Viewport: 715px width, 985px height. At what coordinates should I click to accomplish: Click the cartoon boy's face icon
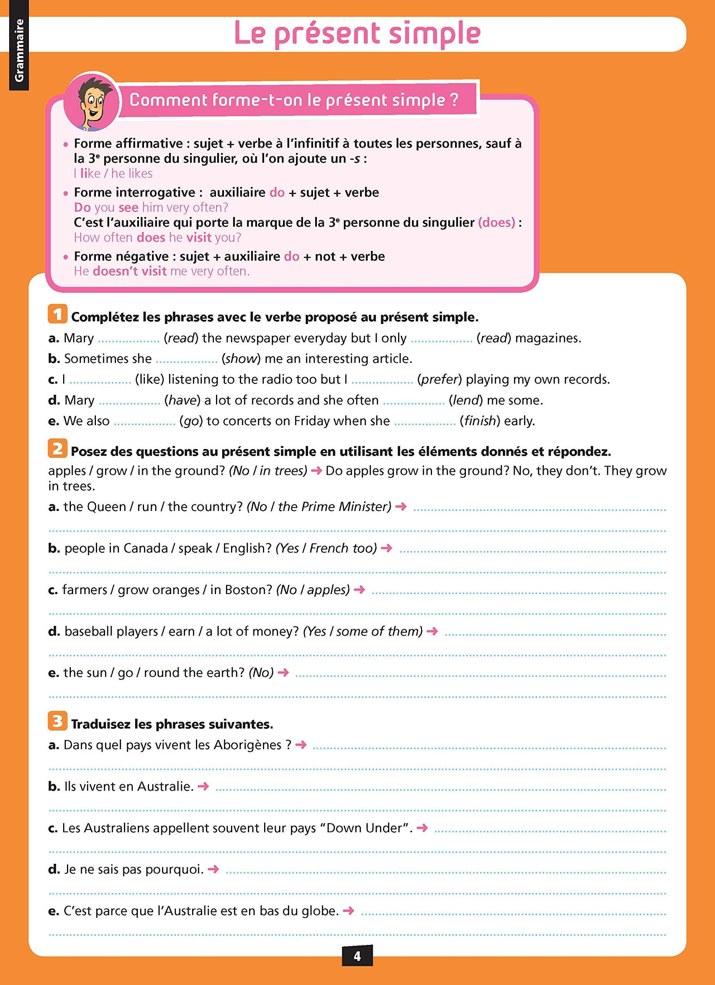(91, 102)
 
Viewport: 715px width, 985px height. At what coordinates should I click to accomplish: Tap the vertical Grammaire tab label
(19, 50)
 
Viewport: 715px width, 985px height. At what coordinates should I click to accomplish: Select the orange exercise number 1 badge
(57, 314)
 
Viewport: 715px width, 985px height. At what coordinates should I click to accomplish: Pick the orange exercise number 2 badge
(57, 449)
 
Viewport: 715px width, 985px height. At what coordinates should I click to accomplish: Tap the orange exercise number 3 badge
(57, 721)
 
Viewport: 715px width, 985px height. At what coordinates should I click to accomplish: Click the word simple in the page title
(434, 33)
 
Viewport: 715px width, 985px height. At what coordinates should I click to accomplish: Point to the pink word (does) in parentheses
(496, 222)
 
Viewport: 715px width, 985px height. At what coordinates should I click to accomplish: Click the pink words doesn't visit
(129, 271)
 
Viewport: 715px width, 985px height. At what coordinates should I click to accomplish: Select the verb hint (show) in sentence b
(240, 359)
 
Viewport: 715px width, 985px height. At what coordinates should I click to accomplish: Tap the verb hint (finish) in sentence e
(480, 421)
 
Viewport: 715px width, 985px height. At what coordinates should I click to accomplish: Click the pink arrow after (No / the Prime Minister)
(401, 506)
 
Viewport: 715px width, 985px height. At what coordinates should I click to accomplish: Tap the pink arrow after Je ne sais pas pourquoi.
(213, 869)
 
